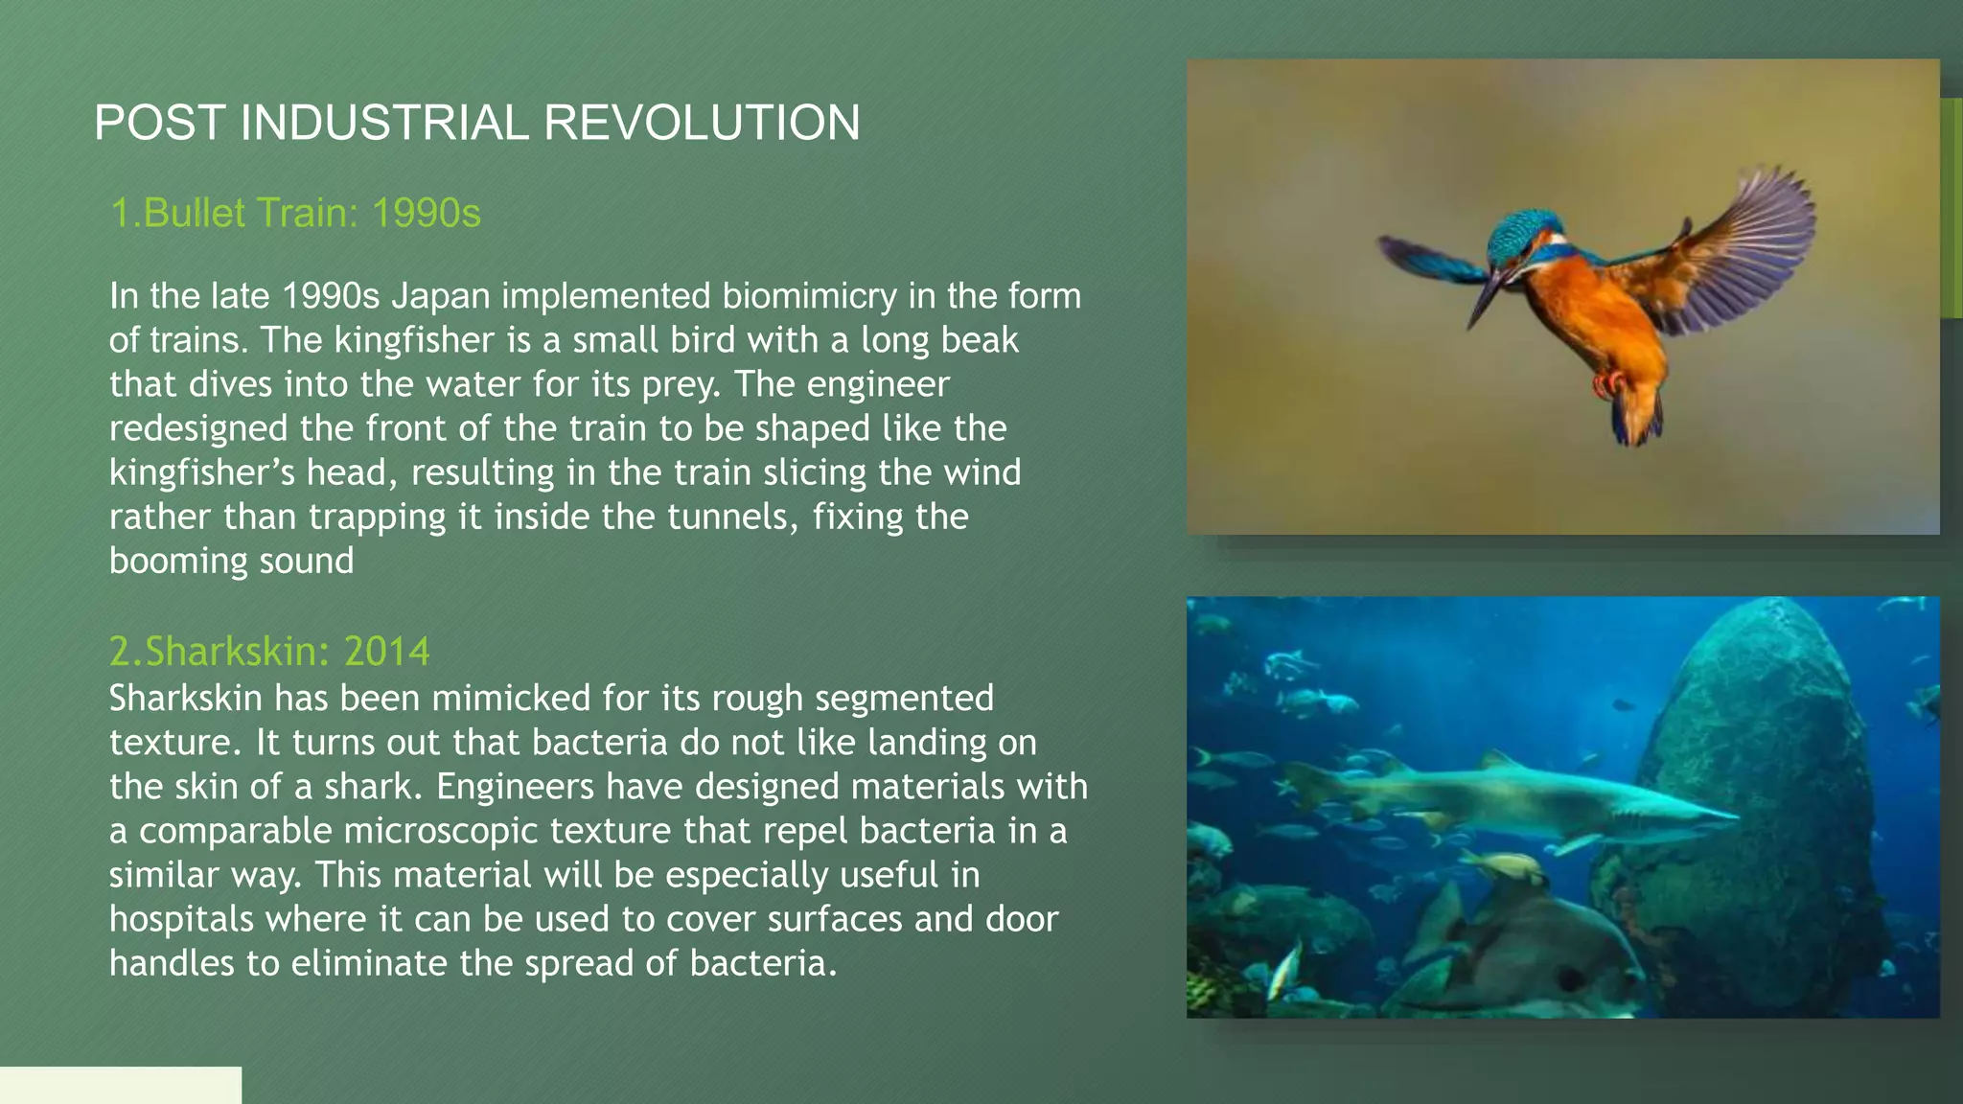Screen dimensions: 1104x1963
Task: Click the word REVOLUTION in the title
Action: point(702,124)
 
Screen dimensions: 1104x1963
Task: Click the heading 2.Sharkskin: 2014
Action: point(269,652)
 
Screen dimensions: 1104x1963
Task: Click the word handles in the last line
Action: point(172,963)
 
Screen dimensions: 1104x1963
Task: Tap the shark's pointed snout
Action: point(1725,817)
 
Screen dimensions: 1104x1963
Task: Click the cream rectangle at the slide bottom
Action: point(120,1085)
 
